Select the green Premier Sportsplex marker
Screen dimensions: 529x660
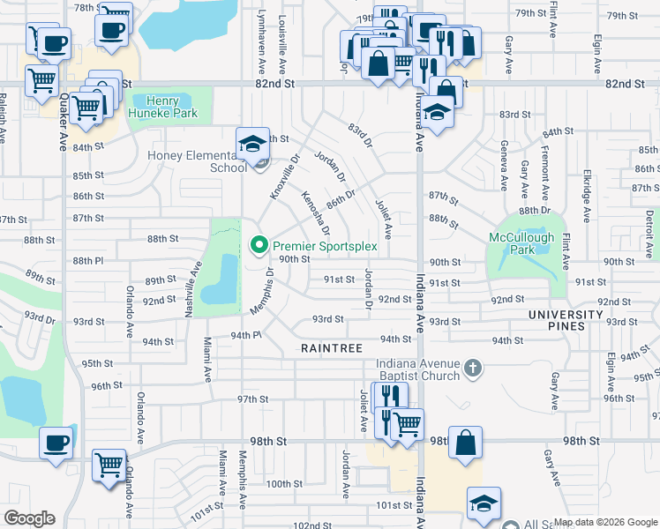[x=259, y=244]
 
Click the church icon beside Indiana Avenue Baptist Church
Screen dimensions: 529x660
[x=473, y=369]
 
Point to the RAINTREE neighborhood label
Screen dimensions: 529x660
[x=332, y=349]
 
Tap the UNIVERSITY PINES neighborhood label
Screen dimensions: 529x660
[x=569, y=320]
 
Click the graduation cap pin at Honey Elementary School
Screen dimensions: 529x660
[x=252, y=143]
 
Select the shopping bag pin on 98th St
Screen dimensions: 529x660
[x=465, y=442]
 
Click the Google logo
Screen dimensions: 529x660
[x=29, y=518]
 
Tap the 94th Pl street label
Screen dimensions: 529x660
[x=247, y=336]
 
